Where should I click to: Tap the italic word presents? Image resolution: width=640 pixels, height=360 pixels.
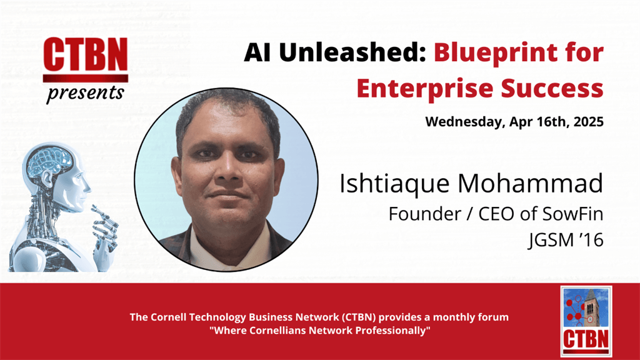point(85,92)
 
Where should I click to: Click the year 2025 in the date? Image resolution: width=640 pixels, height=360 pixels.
point(588,122)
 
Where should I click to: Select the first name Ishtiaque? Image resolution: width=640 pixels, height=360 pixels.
point(394,184)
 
